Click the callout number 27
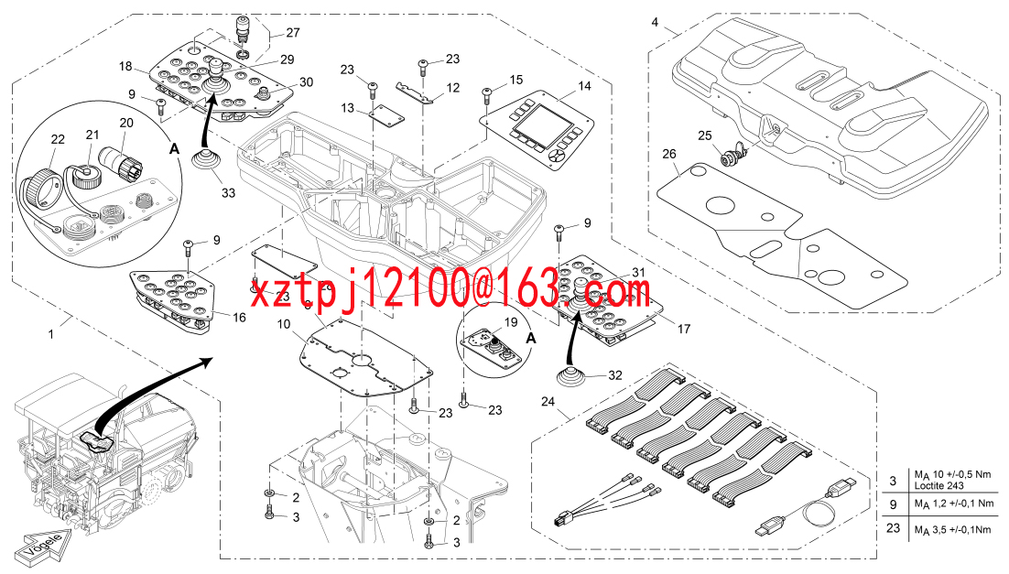293,32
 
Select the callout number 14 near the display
584,85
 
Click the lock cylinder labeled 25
731,156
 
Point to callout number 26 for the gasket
669,154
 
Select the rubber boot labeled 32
572,377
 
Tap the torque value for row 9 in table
954,504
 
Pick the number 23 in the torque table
893,528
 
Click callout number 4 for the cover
655,23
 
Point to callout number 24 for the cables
548,402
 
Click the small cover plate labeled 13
386,113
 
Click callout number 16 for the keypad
239,318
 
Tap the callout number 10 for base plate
284,324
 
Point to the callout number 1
51,334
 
